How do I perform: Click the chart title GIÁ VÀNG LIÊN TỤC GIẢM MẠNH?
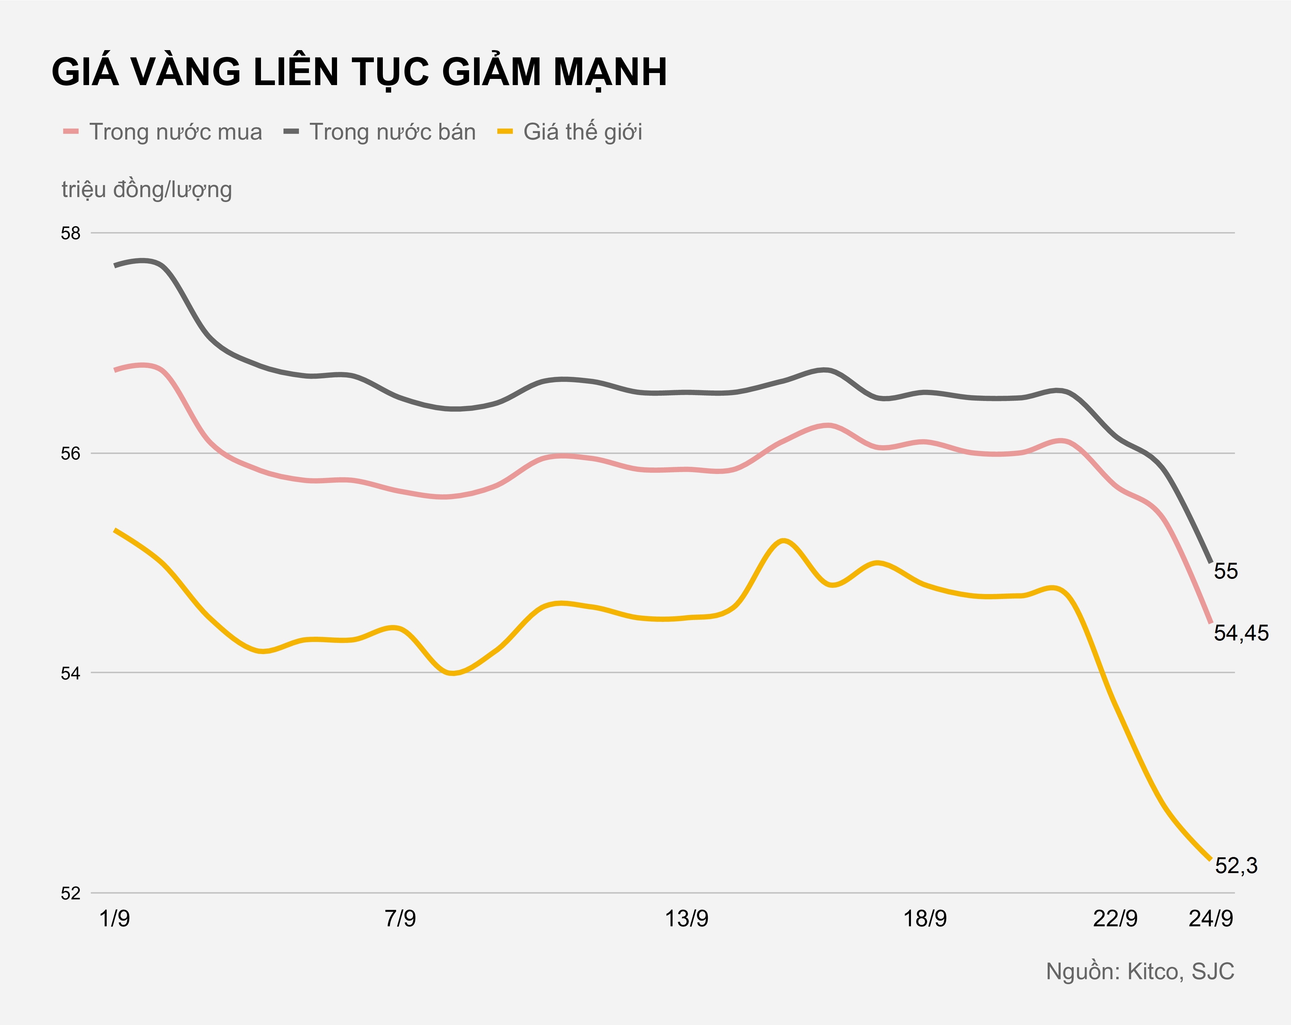[359, 72]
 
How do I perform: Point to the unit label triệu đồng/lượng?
[147, 190]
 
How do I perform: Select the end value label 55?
[1226, 571]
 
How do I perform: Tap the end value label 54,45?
[1241, 633]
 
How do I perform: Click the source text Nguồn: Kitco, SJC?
[1139, 972]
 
